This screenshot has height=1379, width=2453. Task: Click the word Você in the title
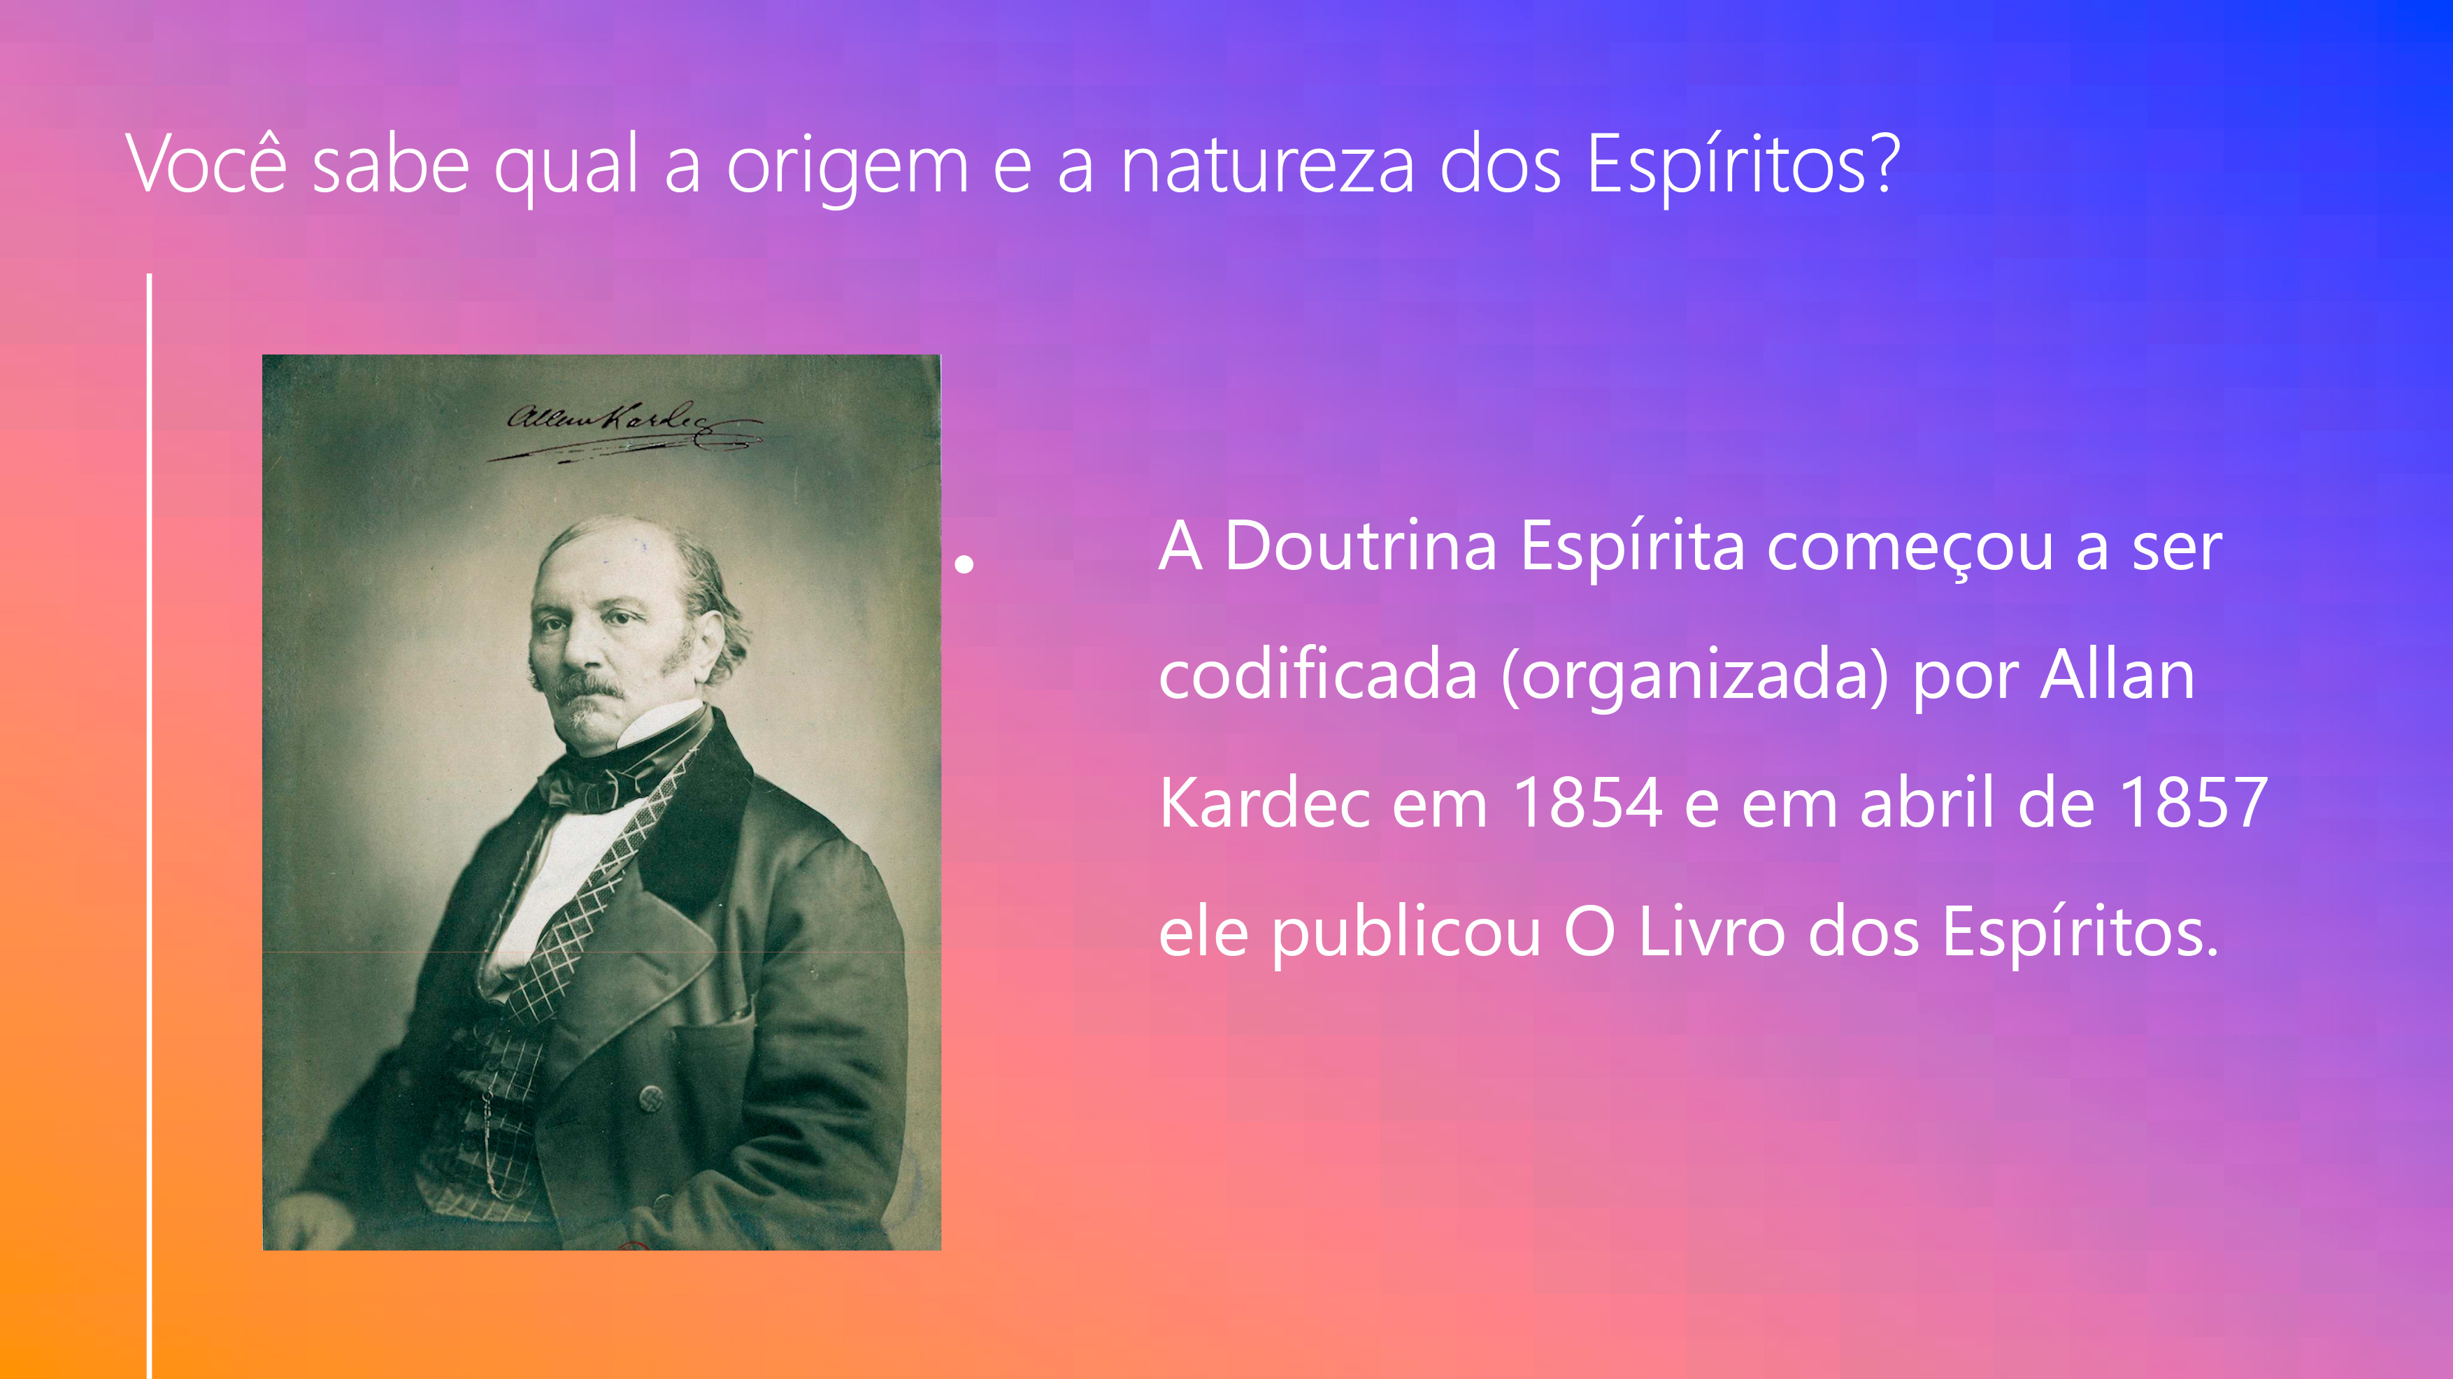[206, 164]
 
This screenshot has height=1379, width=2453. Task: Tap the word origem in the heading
[848, 169]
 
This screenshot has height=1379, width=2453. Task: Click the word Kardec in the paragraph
[1264, 803]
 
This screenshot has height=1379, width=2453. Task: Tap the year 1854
[1587, 803]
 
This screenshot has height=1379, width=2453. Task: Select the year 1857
[2193, 803]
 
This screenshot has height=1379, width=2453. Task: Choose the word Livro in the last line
[1711, 931]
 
